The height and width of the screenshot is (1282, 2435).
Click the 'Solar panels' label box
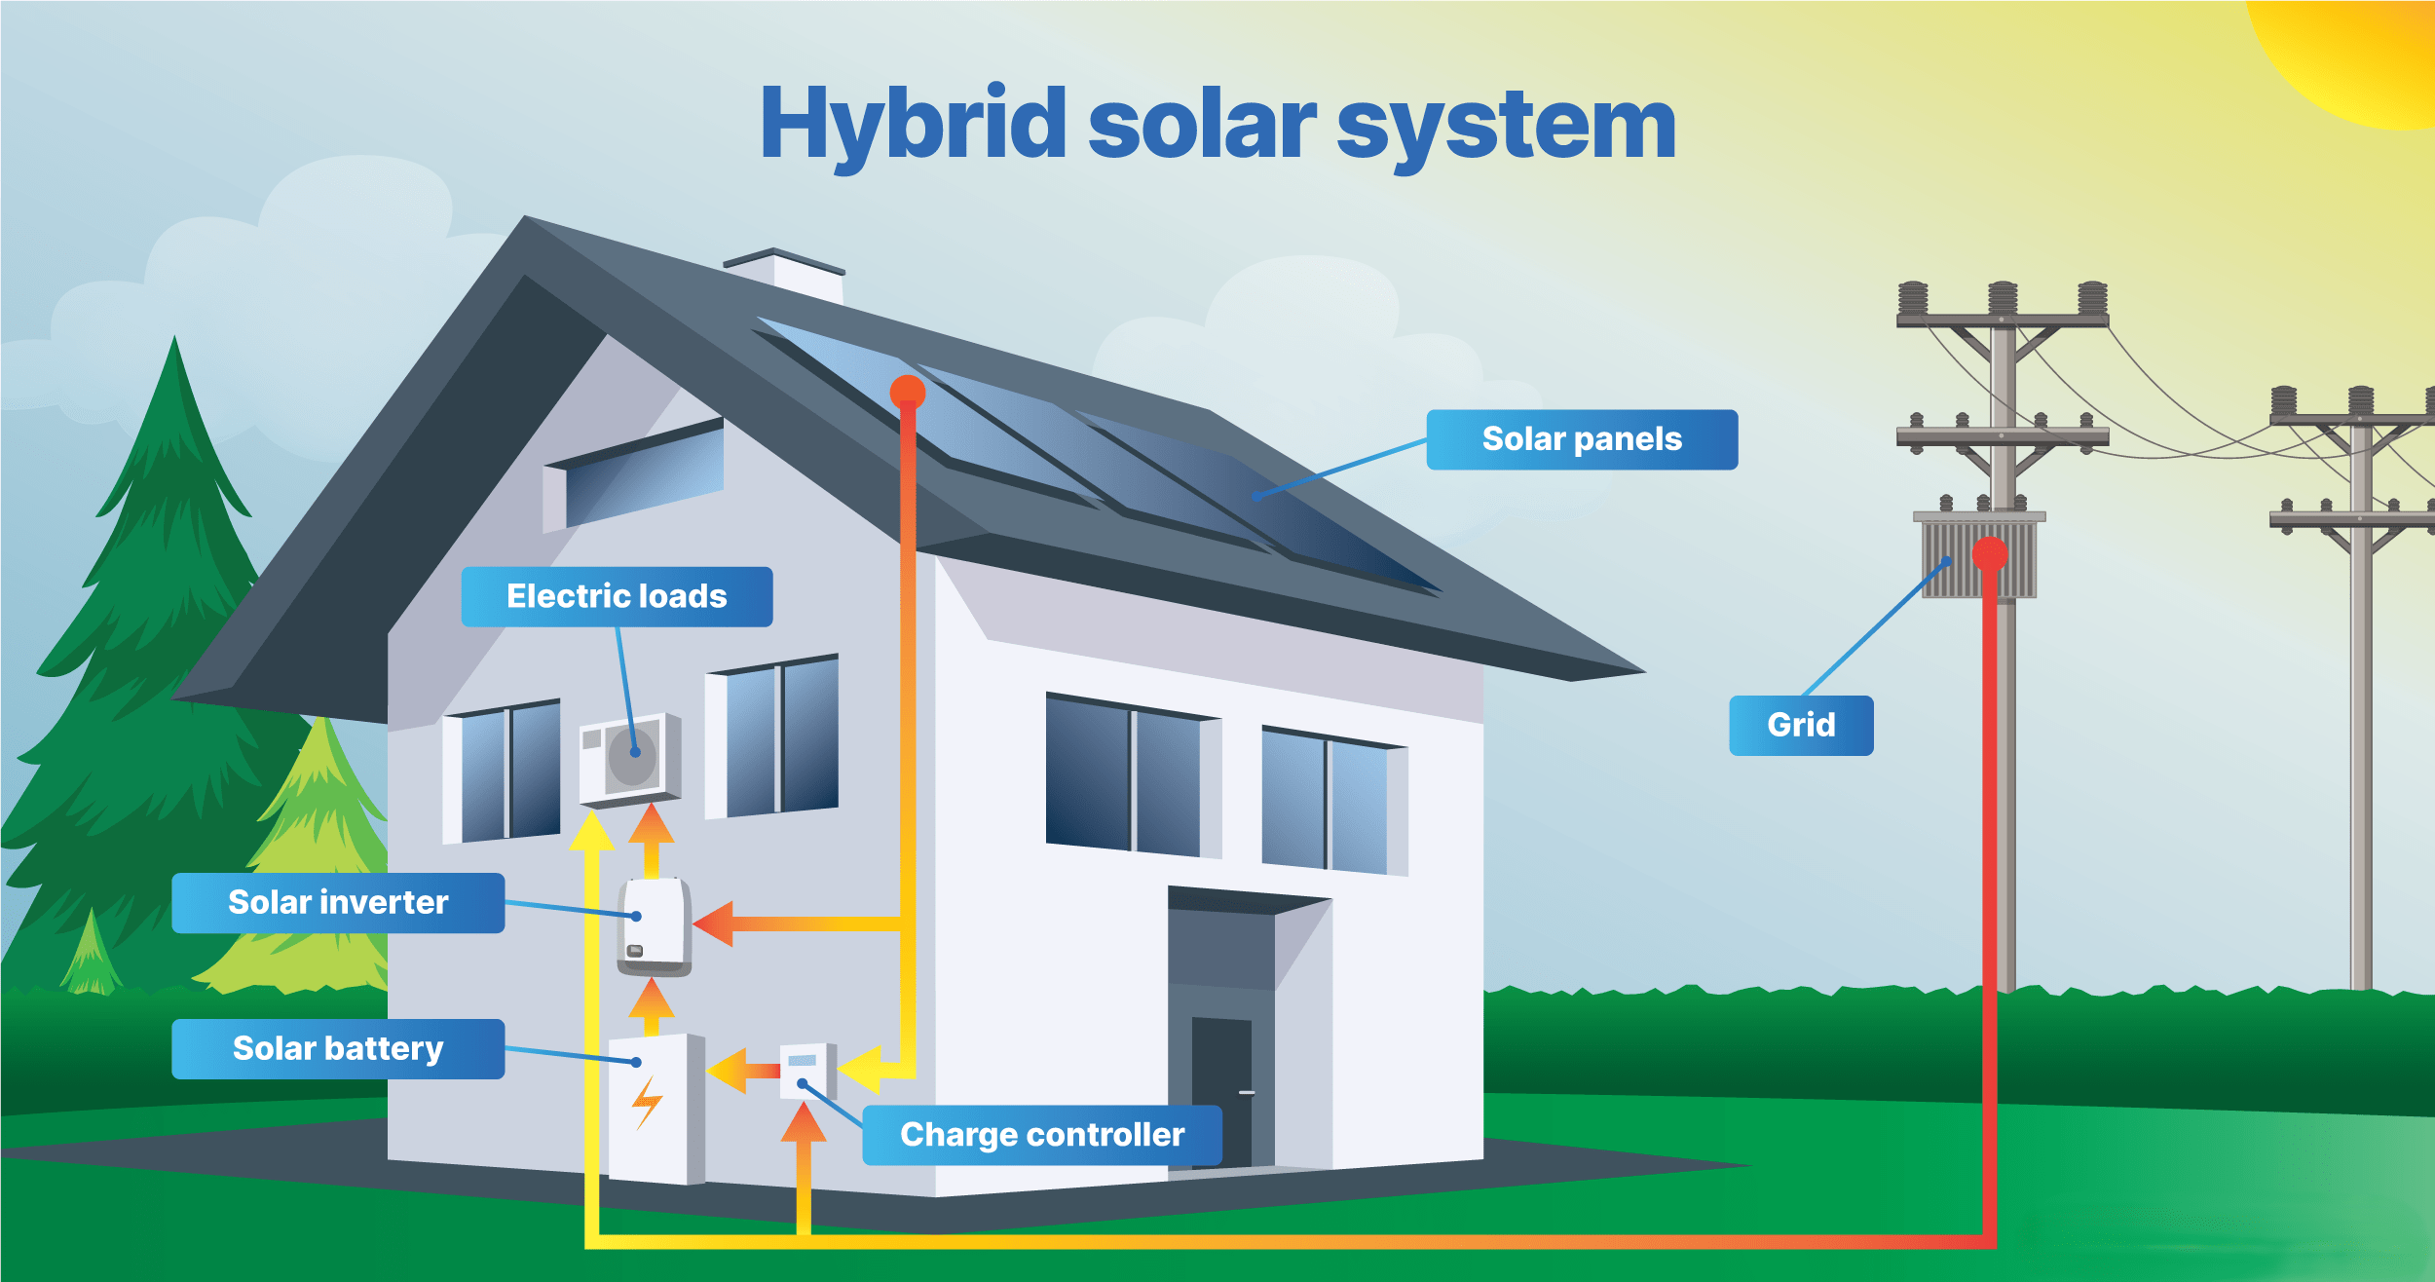pyautogui.click(x=1582, y=439)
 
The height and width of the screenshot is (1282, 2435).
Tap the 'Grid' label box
pyautogui.click(x=1801, y=725)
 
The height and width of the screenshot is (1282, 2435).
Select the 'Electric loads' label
pyautogui.click(x=617, y=596)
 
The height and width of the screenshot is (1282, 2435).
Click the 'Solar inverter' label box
pyautogui.click(x=338, y=902)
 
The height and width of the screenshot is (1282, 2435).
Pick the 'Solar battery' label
pyautogui.click(x=338, y=1048)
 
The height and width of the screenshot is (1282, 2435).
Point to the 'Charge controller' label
pyautogui.click(x=1042, y=1135)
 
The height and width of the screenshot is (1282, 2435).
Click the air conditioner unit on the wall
pyautogui.click(x=630, y=759)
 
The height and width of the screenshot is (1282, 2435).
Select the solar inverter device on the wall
pyautogui.click(x=655, y=926)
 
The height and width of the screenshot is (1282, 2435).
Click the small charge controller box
pyautogui.click(x=806, y=1071)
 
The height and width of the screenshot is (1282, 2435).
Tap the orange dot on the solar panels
pyautogui.click(x=908, y=392)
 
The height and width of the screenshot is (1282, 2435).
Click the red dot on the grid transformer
pyautogui.click(x=1990, y=554)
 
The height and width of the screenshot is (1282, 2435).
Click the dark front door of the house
pyautogui.click(x=1221, y=1091)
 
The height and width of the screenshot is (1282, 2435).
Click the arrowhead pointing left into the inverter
pyautogui.click(x=714, y=924)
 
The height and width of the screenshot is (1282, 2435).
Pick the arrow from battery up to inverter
pyautogui.click(x=652, y=1005)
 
